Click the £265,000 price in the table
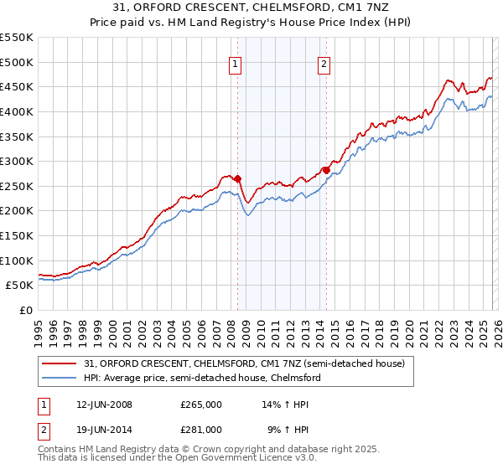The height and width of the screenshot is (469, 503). pyautogui.click(x=200, y=404)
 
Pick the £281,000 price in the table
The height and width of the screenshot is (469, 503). pyautogui.click(x=200, y=429)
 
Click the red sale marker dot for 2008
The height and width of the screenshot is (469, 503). pyautogui.click(x=237, y=178)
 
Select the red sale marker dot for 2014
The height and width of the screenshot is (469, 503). pyautogui.click(x=326, y=170)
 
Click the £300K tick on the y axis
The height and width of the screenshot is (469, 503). pyautogui.click(x=17, y=161)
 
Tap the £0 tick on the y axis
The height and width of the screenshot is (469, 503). pyautogui.click(x=25, y=310)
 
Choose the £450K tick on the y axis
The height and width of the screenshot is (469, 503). pyautogui.click(x=17, y=86)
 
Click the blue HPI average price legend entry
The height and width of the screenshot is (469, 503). pyautogui.click(x=201, y=378)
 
